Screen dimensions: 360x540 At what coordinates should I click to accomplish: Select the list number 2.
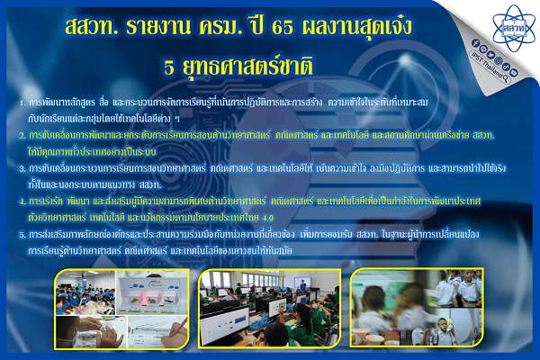[22, 135]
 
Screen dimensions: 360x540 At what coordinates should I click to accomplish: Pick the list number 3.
[22, 166]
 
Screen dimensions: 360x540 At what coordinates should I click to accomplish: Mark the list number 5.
[22, 235]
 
